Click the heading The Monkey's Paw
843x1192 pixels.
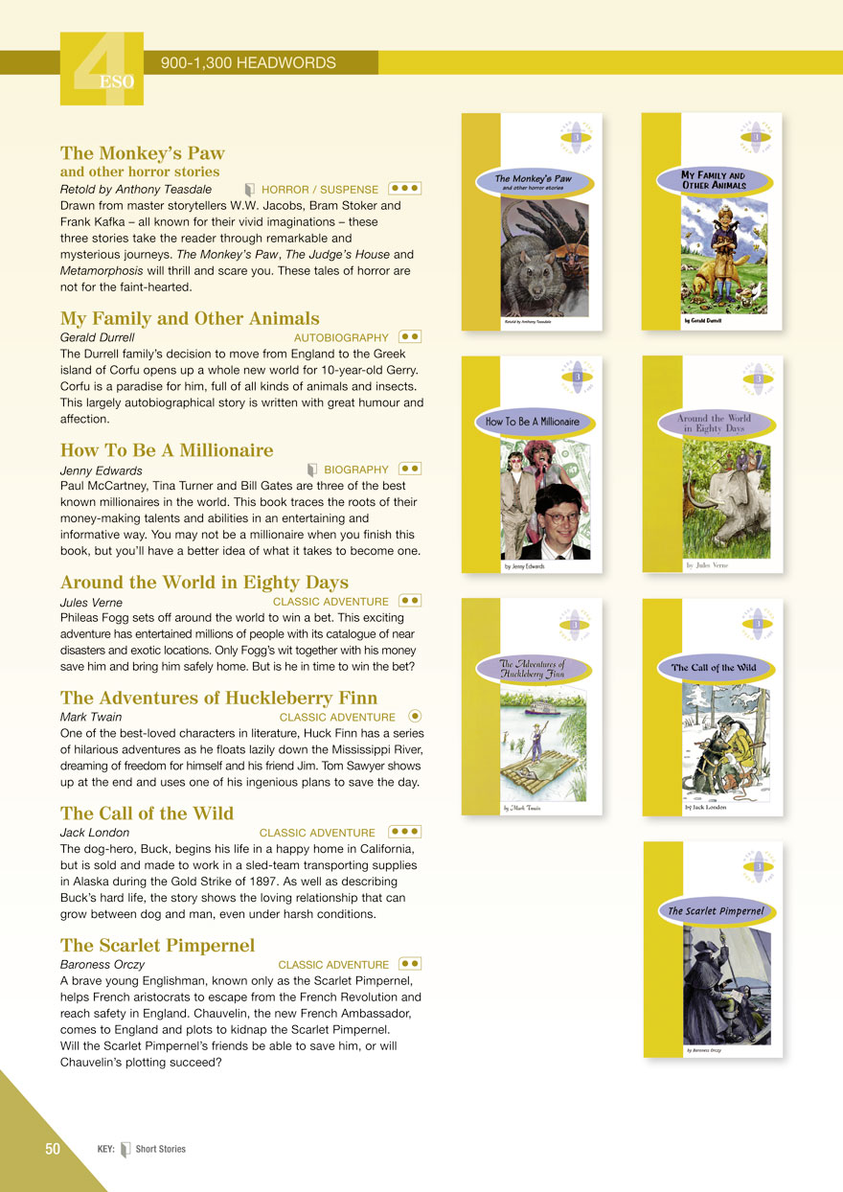tap(142, 153)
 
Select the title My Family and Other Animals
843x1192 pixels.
tap(190, 318)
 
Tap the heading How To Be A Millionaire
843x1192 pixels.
tap(167, 450)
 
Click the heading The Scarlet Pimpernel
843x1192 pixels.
tap(157, 946)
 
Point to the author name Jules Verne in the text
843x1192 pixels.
tap(91, 603)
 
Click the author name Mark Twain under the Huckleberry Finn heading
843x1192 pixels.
tap(91, 717)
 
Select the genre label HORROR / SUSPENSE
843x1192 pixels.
tap(319, 190)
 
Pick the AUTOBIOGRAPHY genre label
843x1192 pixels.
tap(341, 337)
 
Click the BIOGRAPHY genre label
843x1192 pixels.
tap(356, 470)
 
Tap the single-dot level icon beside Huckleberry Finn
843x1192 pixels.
tap(414, 715)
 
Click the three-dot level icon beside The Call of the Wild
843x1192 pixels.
tap(405, 832)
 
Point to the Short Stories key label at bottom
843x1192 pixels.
tap(160, 1149)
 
